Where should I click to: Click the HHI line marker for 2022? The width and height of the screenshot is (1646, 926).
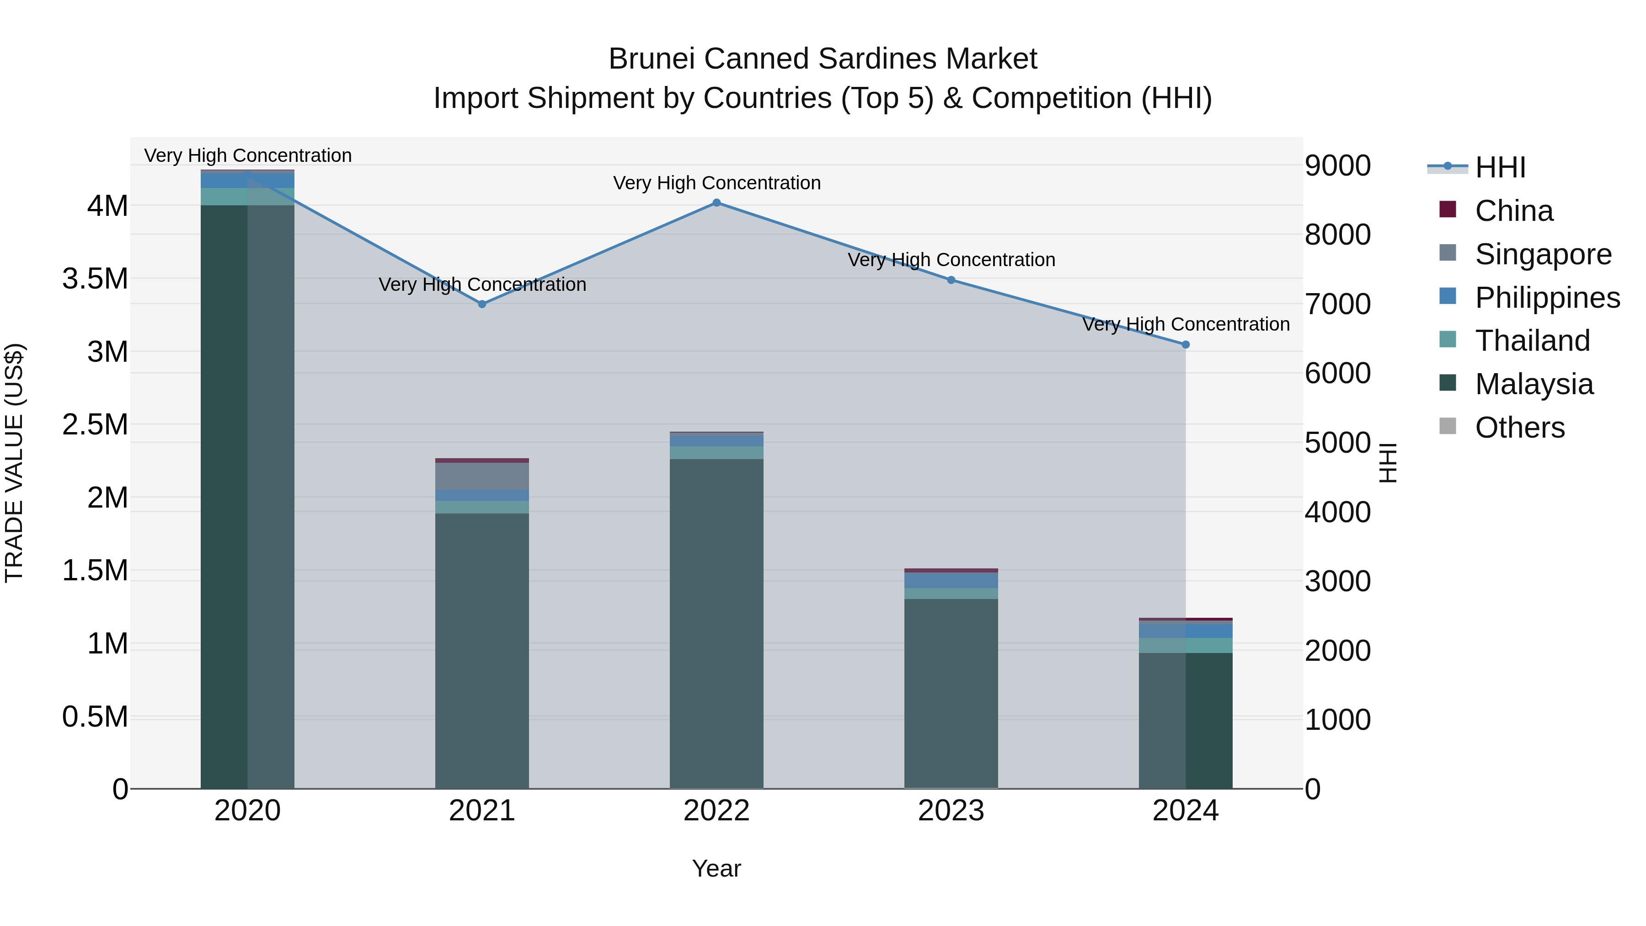tap(716, 203)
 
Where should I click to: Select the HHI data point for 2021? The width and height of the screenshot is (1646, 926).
tap(482, 304)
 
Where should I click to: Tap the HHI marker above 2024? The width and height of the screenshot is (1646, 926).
tap(1185, 344)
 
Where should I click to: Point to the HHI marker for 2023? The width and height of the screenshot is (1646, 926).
tap(951, 280)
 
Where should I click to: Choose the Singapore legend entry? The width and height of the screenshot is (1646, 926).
tap(1543, 254)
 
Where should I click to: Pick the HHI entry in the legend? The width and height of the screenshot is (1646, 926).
tap(1500, 167)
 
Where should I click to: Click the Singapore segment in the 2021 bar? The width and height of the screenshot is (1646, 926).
tap(482, 476)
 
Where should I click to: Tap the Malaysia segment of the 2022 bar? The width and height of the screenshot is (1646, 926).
tap(716, 623)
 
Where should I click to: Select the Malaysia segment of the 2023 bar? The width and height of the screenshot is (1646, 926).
tap(951, 693)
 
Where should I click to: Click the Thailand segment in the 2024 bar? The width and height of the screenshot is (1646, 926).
tap(1185, 645)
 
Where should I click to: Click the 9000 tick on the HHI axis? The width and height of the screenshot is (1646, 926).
tap(1337, 166)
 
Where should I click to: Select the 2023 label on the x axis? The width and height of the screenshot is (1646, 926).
tap(951, 811)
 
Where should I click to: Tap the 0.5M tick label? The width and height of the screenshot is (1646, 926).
tap(95, 717)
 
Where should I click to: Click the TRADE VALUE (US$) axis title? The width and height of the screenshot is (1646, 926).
tap(15, 463)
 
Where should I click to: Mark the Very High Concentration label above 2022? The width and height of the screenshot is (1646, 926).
tap(716, 183)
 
